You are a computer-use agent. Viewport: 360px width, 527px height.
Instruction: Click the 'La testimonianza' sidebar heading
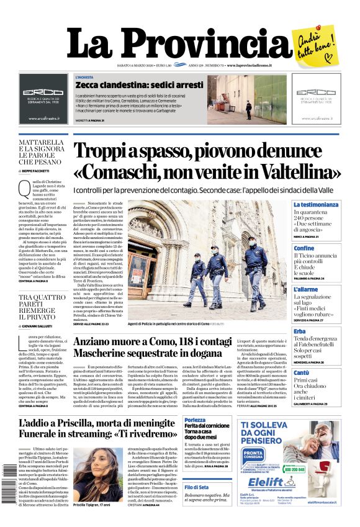point(316,205)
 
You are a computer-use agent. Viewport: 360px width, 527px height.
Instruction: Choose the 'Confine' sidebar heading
point(304,248)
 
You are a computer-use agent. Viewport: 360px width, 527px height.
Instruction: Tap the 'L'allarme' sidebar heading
point(305,289)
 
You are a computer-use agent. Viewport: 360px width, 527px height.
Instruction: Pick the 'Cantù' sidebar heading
point(301,372)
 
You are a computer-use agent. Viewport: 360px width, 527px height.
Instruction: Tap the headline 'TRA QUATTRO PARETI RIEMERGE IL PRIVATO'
point(41,307)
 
